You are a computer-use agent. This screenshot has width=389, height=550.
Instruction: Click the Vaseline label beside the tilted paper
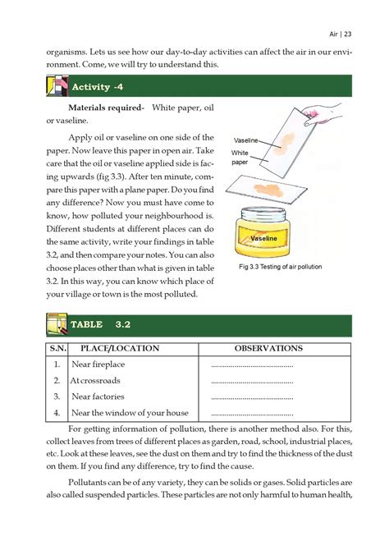(x=246, y=140)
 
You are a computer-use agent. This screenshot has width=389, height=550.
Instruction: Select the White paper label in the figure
(x=240, y=158)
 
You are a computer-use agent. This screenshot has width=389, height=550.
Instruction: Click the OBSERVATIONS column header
(x=268, y=348)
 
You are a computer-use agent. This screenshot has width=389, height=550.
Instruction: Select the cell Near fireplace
(x=98, y=365)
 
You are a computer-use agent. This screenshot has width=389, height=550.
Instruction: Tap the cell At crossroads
(x=95, y=381)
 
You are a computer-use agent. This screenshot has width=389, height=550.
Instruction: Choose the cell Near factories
(x=98, y=396)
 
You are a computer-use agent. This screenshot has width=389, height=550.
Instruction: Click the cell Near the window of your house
(x=130, y=413)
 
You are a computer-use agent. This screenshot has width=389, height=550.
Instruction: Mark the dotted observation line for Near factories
(x=252, y=397)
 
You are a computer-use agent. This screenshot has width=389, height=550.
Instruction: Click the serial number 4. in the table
(x=56, y=413)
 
